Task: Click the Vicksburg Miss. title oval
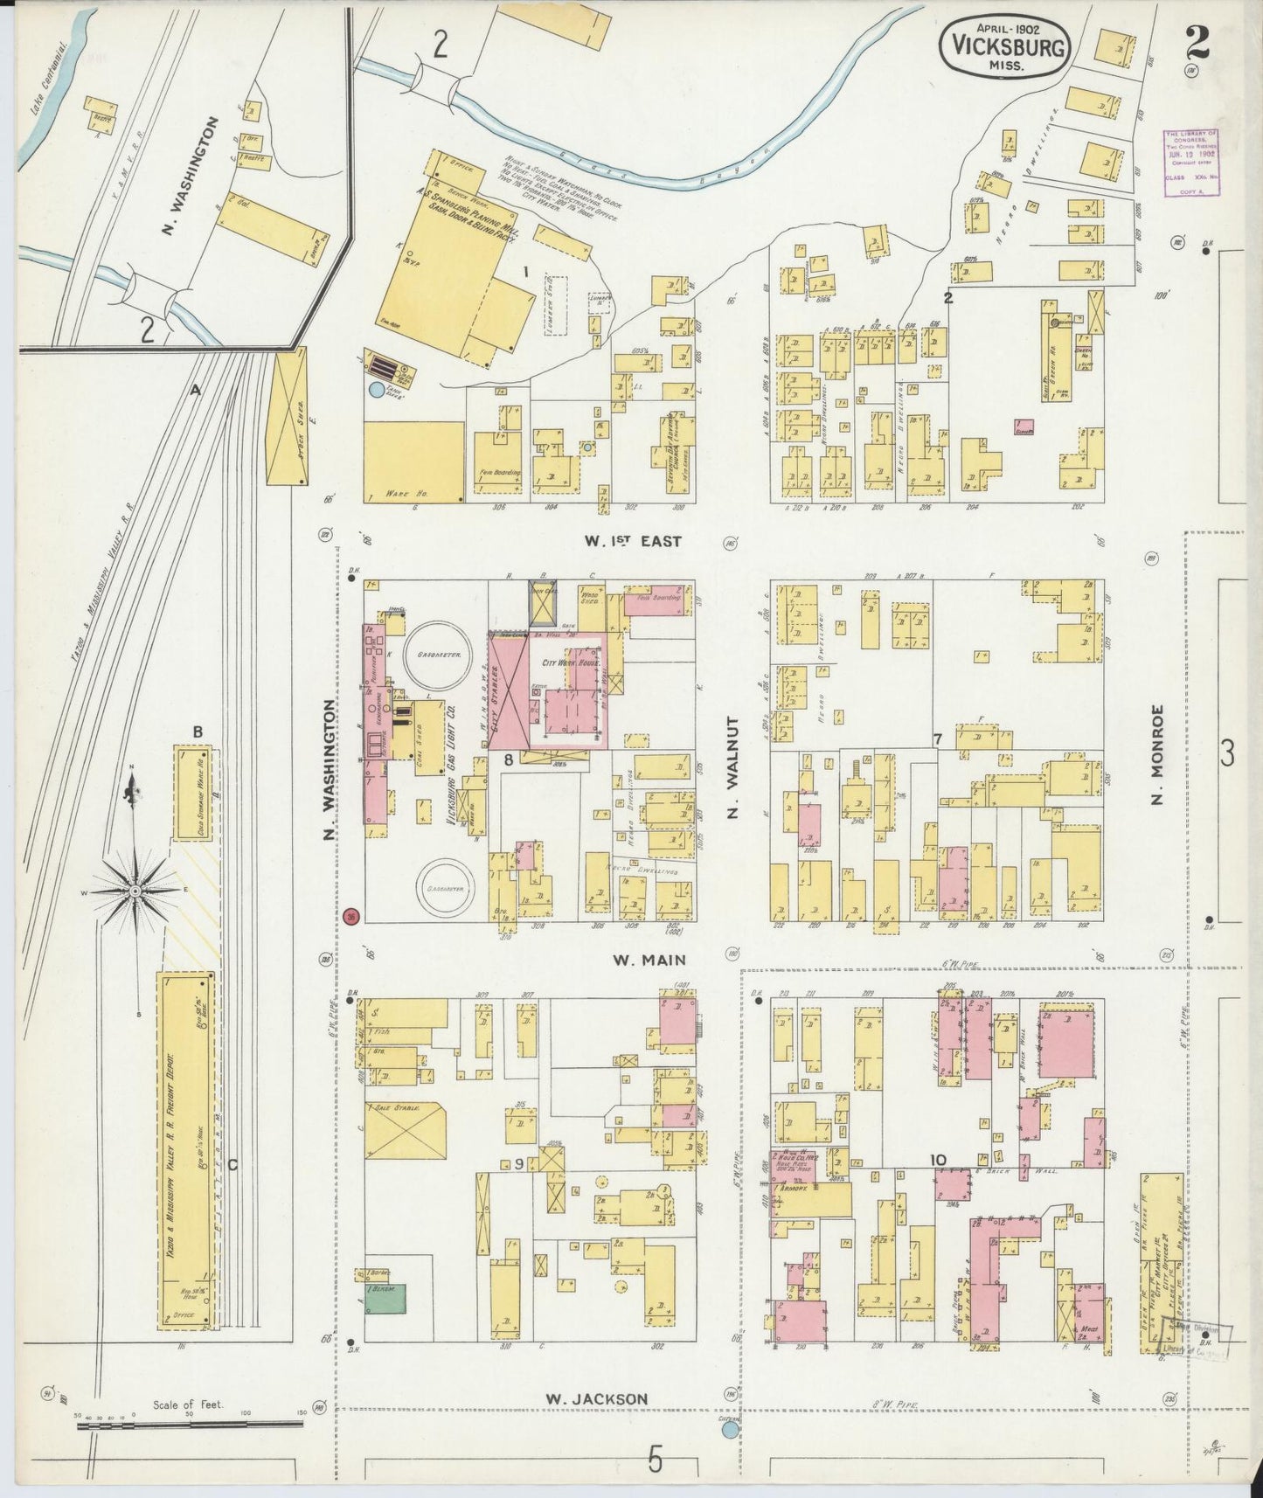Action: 1004,44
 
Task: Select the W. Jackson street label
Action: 597,1398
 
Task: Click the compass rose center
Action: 135,891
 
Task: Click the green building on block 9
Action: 385,1300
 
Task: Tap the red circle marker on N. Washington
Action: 350,917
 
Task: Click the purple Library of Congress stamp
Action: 1190,163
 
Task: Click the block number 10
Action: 938,1161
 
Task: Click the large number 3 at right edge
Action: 1228,752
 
